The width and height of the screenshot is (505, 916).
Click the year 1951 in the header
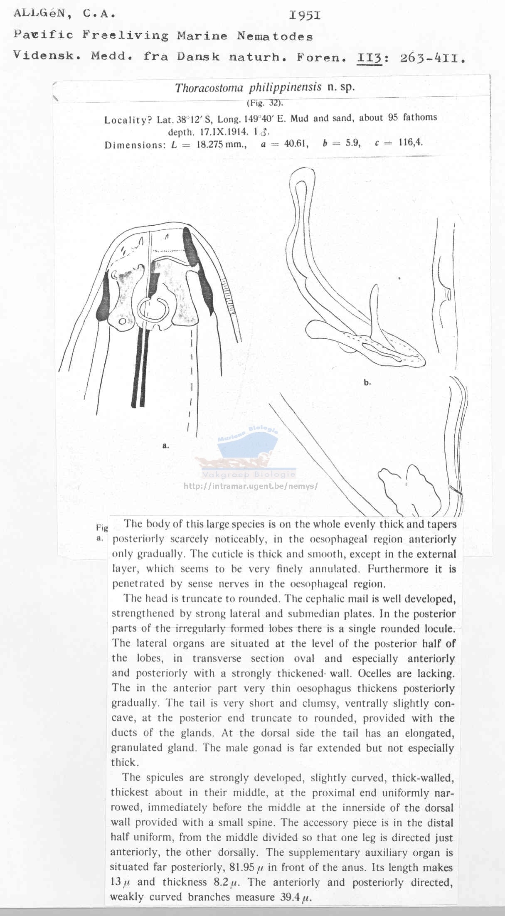tap(305, 16)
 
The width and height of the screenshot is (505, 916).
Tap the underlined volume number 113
tap(369, 58)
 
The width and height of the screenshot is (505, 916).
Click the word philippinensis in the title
tap(285, 87)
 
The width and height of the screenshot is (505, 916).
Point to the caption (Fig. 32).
tap(265, 103)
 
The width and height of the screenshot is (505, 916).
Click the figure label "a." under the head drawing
tap(165, 446)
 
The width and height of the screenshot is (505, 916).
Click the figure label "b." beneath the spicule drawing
tap(367, 382)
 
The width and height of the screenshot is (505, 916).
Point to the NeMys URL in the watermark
tap(251, 485)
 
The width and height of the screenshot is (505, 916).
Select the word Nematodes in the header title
tap(275, 37)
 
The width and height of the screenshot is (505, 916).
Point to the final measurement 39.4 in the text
tap(289, 897)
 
